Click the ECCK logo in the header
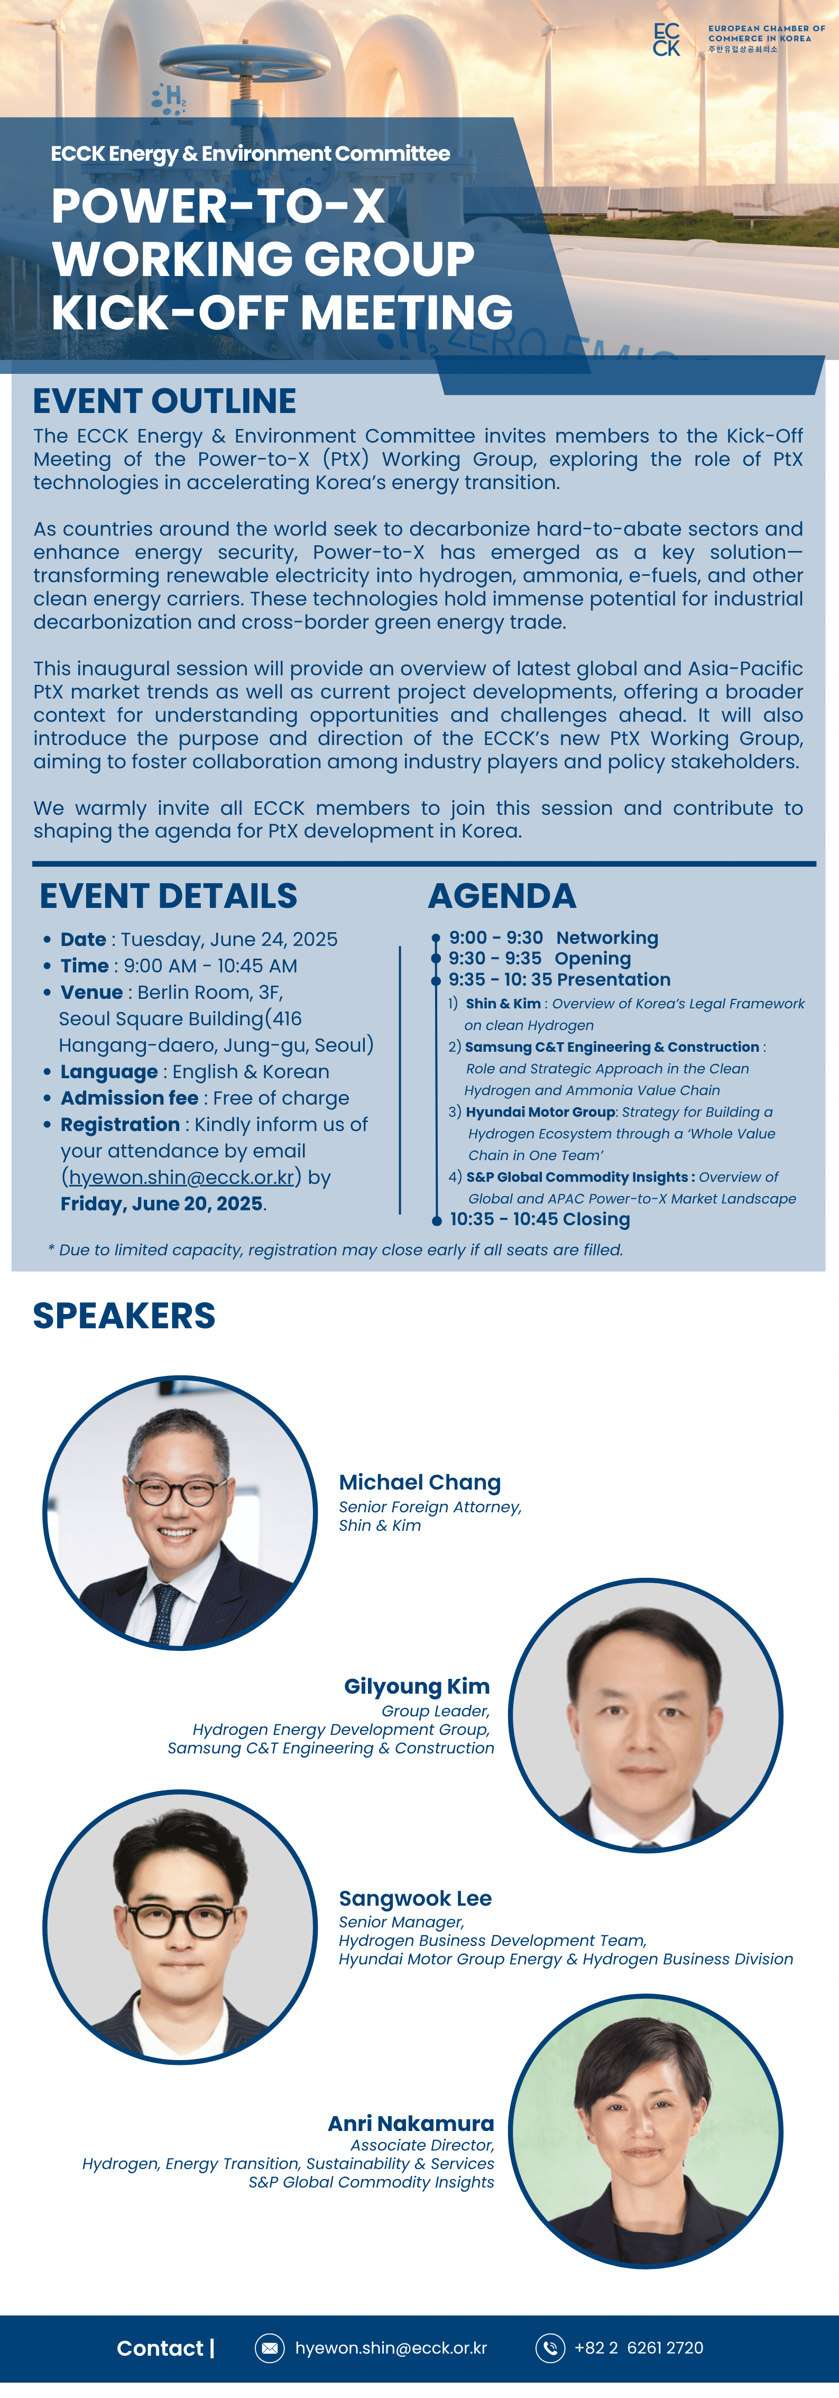click(x=667, y=40)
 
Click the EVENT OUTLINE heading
click(x=165, y=401)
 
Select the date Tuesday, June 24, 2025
click(x=229, y=939)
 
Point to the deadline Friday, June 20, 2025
click(x=161, y=1203)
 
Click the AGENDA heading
click(x=502, y=896)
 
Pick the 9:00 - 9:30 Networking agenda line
click(x=553, y=938)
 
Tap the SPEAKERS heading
click(x=124, y=1316)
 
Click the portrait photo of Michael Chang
click(x=180, y=1513)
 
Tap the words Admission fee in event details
click(x=130, y=1098)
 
